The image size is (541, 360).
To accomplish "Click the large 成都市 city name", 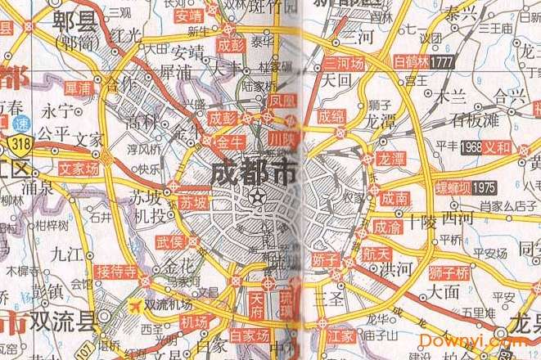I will coord(254,173).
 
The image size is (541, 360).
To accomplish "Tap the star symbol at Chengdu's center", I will coord(258,196).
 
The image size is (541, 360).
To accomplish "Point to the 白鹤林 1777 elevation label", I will coord(423,62).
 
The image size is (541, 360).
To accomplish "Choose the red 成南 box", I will coord(394,197).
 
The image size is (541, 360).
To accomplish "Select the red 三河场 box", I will coord(345,62).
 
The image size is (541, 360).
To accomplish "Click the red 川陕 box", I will coord(281,139).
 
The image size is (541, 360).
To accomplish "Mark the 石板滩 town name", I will coord(466,119).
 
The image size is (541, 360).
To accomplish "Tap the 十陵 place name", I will coord(423,221).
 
